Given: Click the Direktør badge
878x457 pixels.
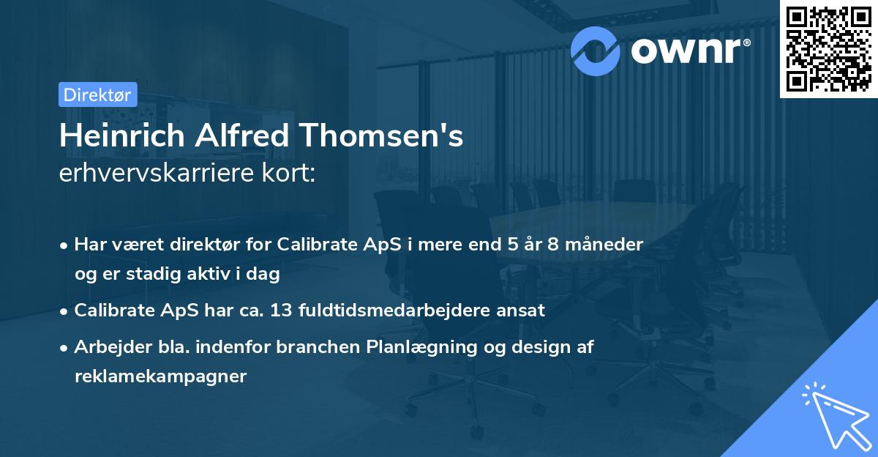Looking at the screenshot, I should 97,95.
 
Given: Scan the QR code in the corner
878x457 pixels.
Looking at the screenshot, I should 828,48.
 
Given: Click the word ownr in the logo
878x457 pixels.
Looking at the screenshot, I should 690,51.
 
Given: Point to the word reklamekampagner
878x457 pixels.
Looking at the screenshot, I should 161,376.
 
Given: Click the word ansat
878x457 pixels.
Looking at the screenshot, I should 521,310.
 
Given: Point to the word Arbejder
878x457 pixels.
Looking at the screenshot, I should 109,347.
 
